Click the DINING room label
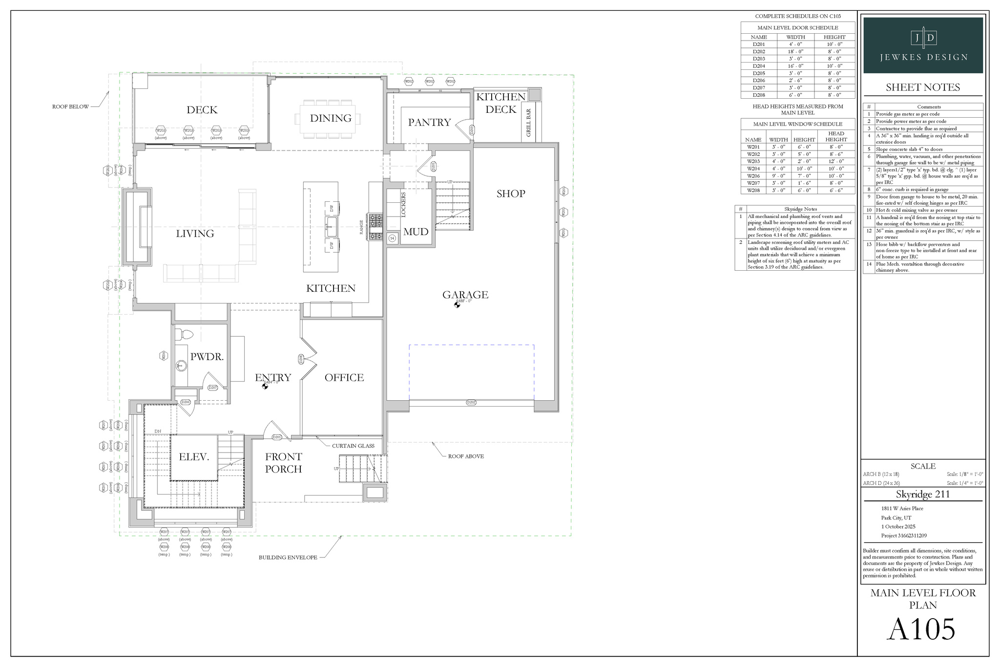[x=331, y=118]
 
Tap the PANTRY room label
[x=429, y=122]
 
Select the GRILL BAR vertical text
[x=529, y=122]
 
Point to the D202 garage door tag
[x=471, y=403]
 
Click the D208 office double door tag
[x=301, y=359]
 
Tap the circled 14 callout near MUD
[x=392, y=238]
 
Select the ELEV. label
[x=194, y=457]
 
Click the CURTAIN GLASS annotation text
[x=353, y=446]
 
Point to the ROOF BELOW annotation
[x=70, y=107]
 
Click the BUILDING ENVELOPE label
[x=288, y=558]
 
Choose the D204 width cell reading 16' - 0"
[x=795, y=66]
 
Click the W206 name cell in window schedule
[x=753, y=176]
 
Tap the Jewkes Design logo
[x=923, y=45]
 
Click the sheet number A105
[x=920, y=629]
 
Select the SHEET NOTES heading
[x=923, y=87]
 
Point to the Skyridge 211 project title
[x=923, y=494]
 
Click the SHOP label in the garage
[x=511, y=194]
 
